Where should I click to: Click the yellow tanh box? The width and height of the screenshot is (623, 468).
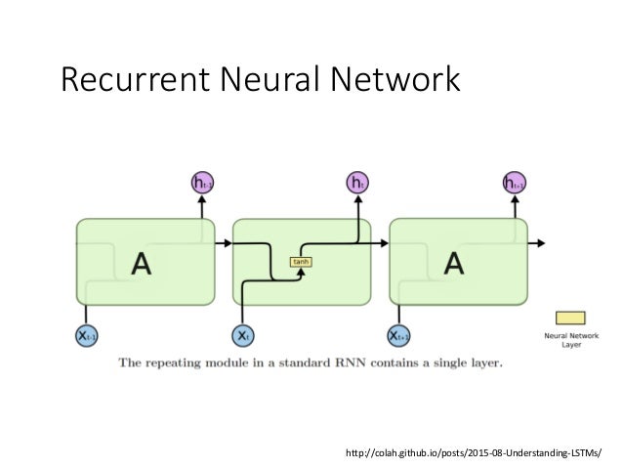point(301,261)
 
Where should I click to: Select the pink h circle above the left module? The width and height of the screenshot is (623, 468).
point(202,182)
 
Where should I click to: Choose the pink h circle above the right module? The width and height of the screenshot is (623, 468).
point(514,182)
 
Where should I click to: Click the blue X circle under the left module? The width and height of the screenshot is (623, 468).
point(85,334)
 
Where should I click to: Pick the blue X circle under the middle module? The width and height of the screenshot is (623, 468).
point(241,334)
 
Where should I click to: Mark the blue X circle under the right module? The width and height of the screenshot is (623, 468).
point(398,334)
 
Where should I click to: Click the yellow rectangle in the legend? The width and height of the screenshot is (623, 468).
point(571,318)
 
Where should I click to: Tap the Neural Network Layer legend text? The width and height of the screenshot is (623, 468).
point(571,340)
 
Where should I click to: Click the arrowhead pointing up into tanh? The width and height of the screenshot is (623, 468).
point(301,271)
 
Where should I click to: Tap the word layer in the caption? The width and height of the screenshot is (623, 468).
point(482,363)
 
